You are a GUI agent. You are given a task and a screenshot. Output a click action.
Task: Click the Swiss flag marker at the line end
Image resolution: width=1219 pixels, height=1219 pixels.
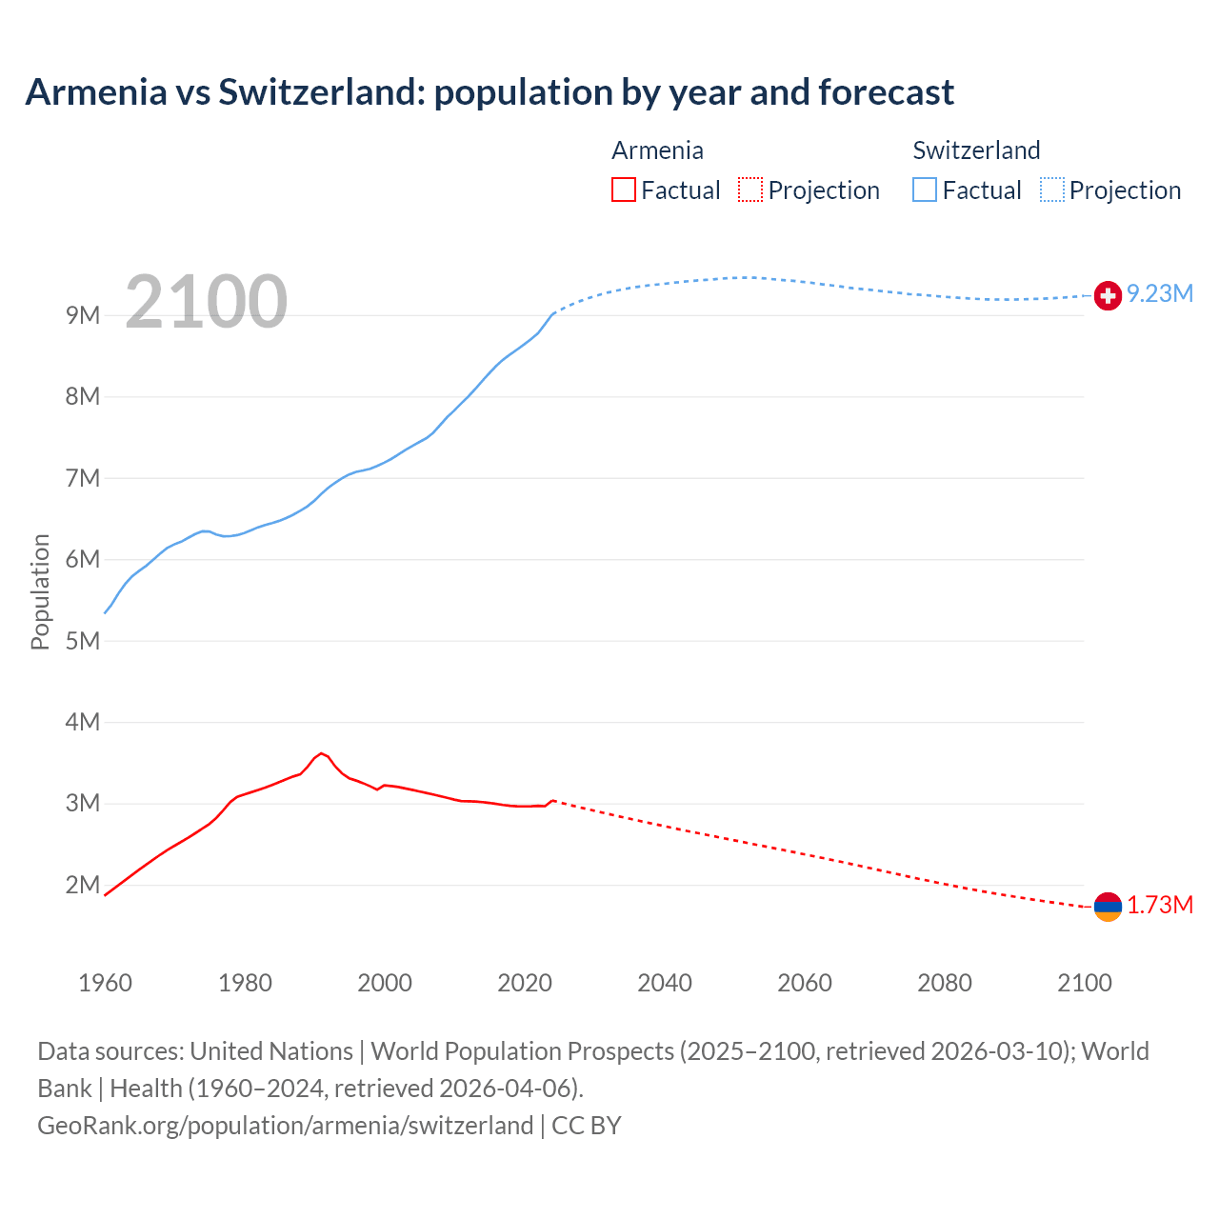[1108, 296]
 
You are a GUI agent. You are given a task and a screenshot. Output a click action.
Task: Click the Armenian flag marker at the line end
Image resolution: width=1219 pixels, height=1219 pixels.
[1108, 908]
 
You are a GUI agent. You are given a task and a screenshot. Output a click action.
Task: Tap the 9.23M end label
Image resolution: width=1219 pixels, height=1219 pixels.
[1160, 293]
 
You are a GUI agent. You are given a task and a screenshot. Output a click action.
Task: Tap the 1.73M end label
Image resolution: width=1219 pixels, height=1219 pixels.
[1160, 905]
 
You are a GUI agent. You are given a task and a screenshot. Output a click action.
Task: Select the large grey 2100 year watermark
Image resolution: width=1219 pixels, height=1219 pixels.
[206, 302]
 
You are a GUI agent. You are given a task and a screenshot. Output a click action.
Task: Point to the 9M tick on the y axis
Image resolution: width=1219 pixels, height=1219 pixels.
[83, 315]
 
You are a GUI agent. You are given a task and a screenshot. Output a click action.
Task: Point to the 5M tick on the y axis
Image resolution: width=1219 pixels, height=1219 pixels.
[83, 641]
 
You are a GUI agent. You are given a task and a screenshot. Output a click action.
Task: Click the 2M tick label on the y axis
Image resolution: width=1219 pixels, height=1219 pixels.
[83, 885]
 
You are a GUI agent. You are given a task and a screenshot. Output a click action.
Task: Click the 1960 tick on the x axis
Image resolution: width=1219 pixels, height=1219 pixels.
[105, 983]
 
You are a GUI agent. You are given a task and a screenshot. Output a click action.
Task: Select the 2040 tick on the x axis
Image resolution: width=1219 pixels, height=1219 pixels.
[665, 983]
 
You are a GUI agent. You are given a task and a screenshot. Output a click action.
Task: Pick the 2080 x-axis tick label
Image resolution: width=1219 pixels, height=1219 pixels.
[945, 983]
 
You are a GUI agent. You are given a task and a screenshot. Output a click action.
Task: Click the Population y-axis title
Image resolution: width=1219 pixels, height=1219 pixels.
[40, 591]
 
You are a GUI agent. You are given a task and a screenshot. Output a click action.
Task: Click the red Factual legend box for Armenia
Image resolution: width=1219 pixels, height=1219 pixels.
[624, 190]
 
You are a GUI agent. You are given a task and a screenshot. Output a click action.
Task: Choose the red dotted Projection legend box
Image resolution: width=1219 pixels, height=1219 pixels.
[750, 190]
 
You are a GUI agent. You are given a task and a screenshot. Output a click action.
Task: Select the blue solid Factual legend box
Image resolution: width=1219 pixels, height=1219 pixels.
[925, 190]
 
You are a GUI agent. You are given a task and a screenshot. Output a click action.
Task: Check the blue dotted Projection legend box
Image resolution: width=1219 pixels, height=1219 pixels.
[1052, 190]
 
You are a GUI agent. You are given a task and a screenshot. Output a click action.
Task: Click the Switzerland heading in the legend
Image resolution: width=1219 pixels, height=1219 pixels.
[976, 150]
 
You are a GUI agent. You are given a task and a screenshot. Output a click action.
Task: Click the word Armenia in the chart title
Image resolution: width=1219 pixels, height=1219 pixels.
[95, 92]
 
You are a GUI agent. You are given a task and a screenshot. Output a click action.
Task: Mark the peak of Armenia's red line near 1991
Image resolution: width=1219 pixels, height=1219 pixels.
[322, 753]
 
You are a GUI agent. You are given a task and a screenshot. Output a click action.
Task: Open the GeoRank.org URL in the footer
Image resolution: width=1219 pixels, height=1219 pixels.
[285, 1126]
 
